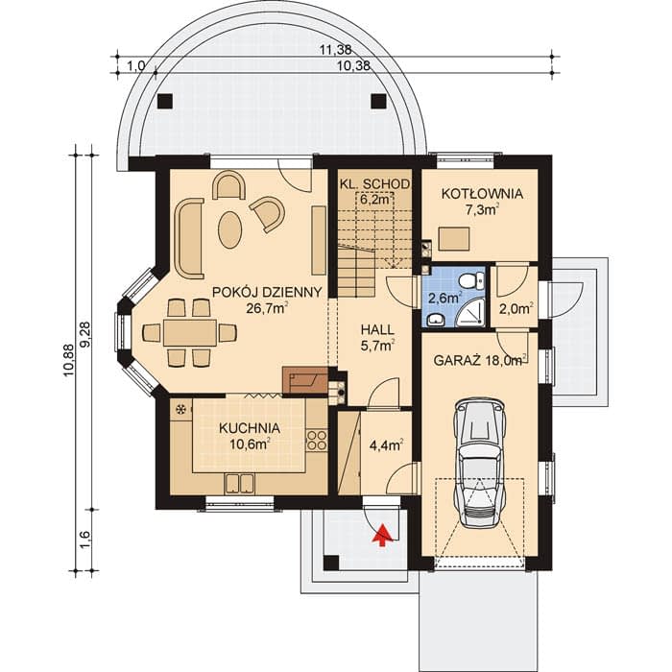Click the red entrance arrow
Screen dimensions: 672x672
pos(383,536)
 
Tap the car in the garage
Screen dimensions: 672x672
pos(480,462)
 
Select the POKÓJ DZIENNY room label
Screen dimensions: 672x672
pos(267,292)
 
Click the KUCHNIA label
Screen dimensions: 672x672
pos(250,428)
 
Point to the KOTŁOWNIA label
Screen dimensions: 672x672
pos(482,194)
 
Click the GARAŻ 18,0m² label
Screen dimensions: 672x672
pos(480,361)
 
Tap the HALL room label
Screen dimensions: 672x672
pos(377,329)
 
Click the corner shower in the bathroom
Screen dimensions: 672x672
pos(471,313)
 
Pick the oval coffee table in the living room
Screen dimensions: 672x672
pos(229,229)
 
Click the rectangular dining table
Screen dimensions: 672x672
pos(189,332)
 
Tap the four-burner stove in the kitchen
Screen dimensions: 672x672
pos(317,440)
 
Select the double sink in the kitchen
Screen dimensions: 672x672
pos(239,484)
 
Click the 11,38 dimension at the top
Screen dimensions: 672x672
pos(336,50)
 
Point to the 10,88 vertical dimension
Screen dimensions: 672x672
pos(68,360)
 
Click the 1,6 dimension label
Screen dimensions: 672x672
pos(84,540)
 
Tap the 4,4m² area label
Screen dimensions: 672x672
pos(386,445)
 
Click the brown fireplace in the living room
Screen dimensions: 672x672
pos(305,380)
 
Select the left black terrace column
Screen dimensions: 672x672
pos(165,101)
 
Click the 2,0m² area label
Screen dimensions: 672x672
pos(516,308)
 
